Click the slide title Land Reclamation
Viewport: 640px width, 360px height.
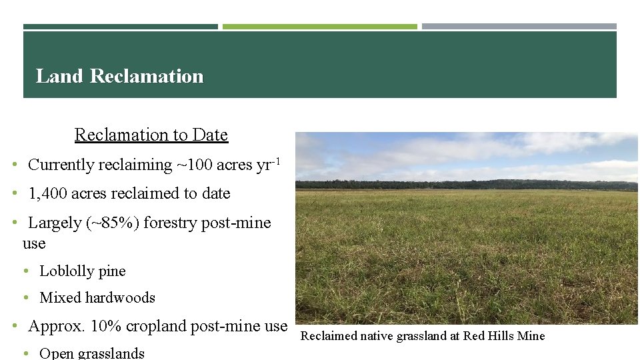119,76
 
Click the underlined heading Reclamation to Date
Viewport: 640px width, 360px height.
151,135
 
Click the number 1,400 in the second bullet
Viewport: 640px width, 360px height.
47,193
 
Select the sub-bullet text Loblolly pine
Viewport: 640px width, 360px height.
82,271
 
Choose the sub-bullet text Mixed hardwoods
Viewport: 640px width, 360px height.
97,298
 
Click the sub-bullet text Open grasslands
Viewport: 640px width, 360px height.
91,353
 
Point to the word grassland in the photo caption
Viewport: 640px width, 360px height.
421,336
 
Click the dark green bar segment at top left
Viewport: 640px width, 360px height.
120,27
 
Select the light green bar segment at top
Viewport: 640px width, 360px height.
319,27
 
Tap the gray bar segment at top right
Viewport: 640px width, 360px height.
519,27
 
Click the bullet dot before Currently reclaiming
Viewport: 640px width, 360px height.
15,165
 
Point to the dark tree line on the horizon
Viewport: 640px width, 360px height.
467,185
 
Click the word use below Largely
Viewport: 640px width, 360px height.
34,243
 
